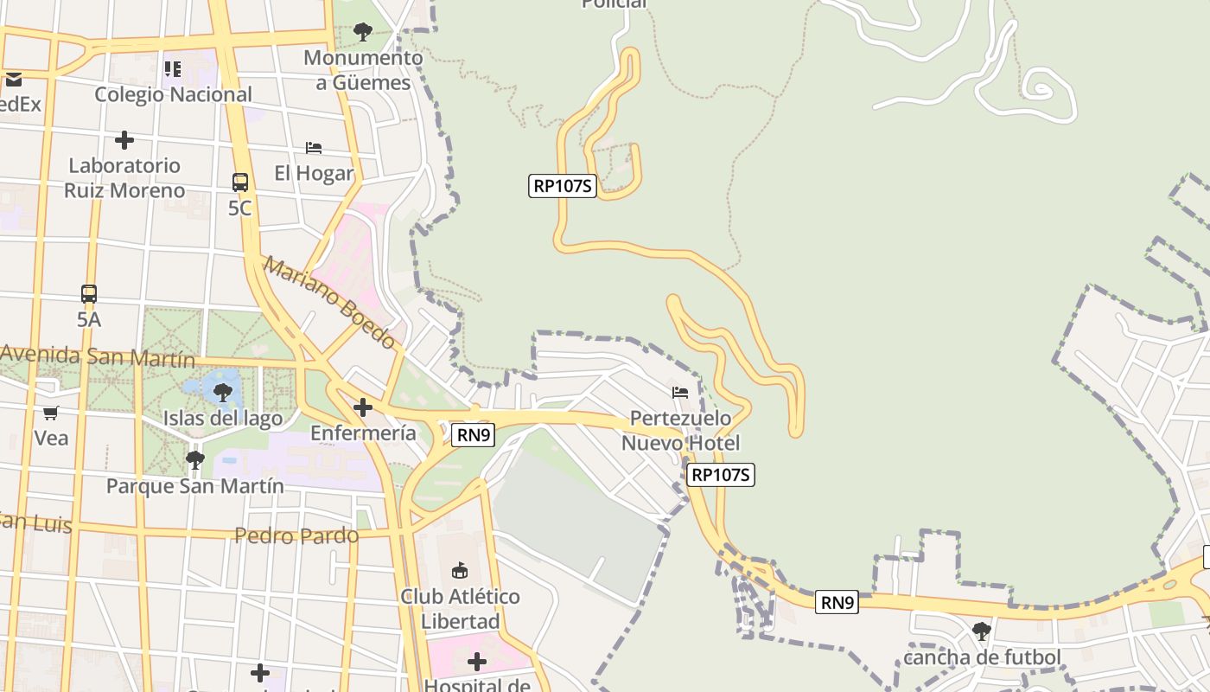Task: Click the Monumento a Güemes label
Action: pos(363,71)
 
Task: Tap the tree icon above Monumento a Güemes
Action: pos(363,33)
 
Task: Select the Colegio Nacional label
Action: pos(173,94)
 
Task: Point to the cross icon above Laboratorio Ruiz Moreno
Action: pos(124,139)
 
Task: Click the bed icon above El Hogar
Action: pos(314,148)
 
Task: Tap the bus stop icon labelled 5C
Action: pos(240,183)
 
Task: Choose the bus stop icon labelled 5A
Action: pos(89,294)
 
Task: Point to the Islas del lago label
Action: pos(223,419)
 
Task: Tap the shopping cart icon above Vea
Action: pos(51,413)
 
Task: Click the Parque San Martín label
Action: pos(194,486)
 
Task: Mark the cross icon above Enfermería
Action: pos(363,407)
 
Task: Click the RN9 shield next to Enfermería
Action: pos(474,435)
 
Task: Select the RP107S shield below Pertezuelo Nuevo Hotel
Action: pos(721,474)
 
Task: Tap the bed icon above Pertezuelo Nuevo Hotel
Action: pos(680,393)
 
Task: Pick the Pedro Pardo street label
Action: pos(296,535)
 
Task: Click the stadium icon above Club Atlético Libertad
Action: pos(460,571)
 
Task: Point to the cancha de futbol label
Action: pos(982,657)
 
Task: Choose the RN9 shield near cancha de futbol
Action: pos(837,603)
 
